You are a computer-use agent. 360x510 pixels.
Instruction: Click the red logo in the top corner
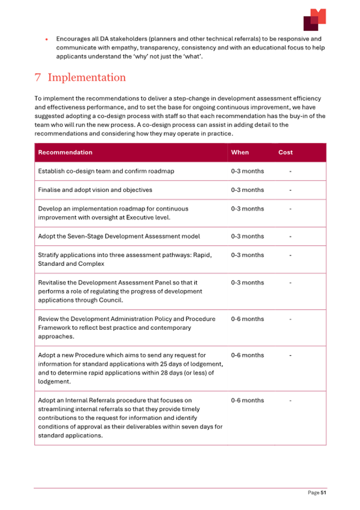314,20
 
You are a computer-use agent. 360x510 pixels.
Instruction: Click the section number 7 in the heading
38,77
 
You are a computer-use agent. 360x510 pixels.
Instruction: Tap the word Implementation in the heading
87,77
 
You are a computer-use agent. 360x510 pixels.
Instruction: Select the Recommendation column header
65,152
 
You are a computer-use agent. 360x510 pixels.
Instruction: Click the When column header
239,152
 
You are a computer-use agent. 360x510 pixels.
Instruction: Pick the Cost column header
285,152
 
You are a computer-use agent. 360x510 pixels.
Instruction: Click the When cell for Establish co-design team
247,172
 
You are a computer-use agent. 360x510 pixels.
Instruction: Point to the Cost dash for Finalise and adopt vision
290,190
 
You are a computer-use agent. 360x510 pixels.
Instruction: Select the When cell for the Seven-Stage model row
247,236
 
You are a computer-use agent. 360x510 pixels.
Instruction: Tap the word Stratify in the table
50,255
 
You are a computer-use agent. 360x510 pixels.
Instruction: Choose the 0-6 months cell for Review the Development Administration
247,319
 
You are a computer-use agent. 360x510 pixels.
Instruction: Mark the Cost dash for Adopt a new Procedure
290,355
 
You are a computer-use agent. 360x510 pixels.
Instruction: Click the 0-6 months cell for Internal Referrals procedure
247,400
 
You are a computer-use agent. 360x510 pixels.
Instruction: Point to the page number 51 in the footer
323,493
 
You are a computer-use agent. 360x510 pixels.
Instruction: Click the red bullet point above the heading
47,39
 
